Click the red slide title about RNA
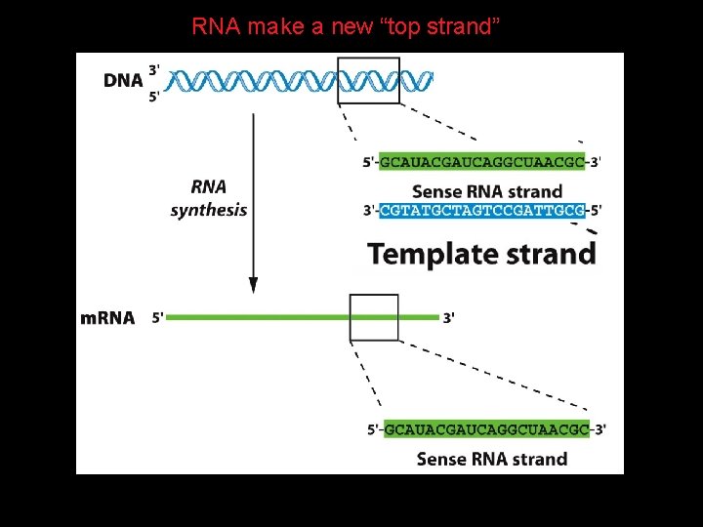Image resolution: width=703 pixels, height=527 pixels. [346, 26]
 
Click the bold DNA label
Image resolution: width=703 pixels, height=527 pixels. [123, 81]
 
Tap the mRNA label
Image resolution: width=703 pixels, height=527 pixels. [107, 318]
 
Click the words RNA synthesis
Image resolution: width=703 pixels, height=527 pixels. [209, 198]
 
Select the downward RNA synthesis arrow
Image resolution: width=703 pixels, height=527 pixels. [253, 203]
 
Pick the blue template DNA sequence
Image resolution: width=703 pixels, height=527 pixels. [482, 210]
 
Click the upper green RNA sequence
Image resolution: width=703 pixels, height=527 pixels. [482, 161]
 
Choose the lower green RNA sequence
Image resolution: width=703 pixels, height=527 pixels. [487, 429]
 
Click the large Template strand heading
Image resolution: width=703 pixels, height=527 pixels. [482, 254]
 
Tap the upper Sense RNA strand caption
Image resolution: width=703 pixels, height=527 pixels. [487, 192]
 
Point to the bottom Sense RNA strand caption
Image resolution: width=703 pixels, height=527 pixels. [492, 459]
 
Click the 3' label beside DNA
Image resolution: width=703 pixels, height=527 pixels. [154, 70]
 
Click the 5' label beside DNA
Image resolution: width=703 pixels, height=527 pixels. [154, 97]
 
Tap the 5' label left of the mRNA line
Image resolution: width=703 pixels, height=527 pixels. [158, 318]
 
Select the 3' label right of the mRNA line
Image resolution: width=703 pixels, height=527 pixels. [449, 318]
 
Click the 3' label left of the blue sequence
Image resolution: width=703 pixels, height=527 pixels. [369, 210]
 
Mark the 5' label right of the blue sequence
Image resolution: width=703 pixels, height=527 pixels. [596, 210]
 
